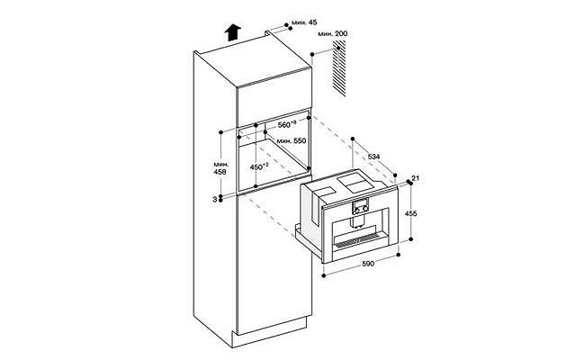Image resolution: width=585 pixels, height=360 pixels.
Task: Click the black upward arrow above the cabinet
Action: tap(232, 32)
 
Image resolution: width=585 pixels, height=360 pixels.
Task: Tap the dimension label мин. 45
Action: tap(304, 22)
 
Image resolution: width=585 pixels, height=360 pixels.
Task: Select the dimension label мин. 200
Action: tap(333, 34)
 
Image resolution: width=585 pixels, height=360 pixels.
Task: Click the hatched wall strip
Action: tap(339, 69)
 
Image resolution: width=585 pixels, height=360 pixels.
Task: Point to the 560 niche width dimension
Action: tap(287, 124)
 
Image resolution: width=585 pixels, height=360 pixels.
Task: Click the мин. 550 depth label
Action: tap(292, 140)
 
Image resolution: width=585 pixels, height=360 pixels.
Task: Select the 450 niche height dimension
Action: tap(259, 166)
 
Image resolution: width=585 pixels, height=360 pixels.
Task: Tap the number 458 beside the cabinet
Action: tap(220, 172)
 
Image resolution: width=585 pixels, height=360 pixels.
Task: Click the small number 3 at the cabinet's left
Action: tap(214, 200)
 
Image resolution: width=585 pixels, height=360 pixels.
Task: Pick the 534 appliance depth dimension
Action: tap(373, 157)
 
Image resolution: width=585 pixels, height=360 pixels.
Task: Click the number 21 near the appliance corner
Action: tap(416, 178)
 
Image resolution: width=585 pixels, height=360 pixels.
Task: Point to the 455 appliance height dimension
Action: tap(410, 213)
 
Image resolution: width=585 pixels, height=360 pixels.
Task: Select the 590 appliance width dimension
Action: tap(368, 264)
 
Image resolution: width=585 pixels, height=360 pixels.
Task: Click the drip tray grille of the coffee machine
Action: tap(358, 242)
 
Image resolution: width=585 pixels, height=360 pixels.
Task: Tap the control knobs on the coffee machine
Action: tap(361, 210)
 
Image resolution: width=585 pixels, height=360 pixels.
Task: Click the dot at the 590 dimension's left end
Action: tap(323, 275)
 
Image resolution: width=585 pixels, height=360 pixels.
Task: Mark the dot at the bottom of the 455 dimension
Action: tap(411, 239)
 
